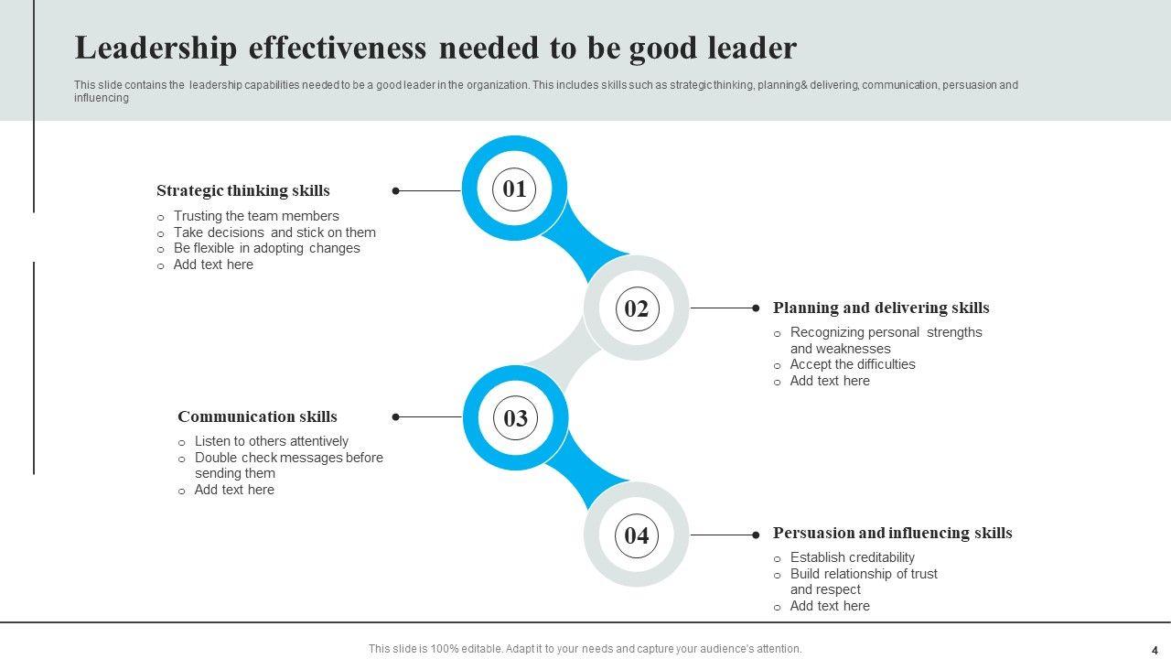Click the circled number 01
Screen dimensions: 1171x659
pyautogui.click(x=514, y=189)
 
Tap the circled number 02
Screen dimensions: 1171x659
pyautogui.click(x=636, y=308)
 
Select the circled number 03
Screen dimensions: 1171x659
pyautogui.click(x=515, y=418)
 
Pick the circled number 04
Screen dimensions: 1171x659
pyautogui.click(x=636, y=535)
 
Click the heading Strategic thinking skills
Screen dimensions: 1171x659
pyautogui.click(x=243, y=190)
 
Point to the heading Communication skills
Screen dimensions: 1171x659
pyautogui.click(x=257, y=416)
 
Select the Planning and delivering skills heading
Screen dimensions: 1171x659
pyautogui.click(x=881, y=308)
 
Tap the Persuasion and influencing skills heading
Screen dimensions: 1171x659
pyautogui.click(x=892, y=533)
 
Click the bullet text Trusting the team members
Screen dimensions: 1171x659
pyautogui.click(x=256, y=216)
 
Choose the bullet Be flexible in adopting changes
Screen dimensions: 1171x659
pyautogui.click(x=266, y=248)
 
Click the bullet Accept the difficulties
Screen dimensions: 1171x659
pyautogui.click(x=853, y=364)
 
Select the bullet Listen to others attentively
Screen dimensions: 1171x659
pyautogui.click(x=271, y=441)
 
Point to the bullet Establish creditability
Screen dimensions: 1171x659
pyautogui.click(x=852, y=557)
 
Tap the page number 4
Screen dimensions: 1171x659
pyautogui.click(x=1155, y=650)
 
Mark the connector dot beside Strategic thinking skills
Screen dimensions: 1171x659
pyautogui.click(x=396, y=191)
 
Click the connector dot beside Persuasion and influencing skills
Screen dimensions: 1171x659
pyautogui.click(x=756, y=535)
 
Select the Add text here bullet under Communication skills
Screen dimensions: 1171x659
pyautogui.click(x=234, y=490)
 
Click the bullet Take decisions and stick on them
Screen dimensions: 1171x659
pyautogui.click(x=274, y=232)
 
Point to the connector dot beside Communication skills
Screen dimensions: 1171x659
pyautogui.click(x=396, y=417)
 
